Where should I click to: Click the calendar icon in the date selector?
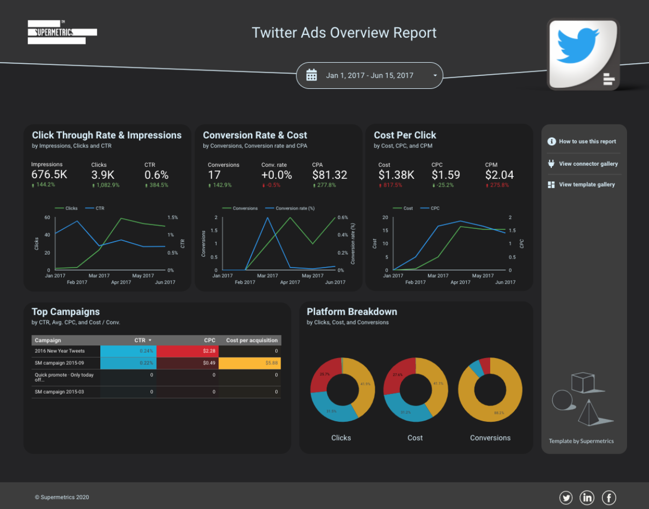(311, 75)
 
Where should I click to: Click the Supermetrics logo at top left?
(62, 32)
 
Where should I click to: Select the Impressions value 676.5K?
(49, 175)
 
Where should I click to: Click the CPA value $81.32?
(329, 175)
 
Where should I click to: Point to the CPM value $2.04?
(499, 175)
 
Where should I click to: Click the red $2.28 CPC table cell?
(188, 351)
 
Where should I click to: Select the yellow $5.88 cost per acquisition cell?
(250, 363)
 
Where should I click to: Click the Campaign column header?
(48, 340)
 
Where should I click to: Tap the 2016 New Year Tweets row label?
(60, 351)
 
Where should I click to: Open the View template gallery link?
(586, 184)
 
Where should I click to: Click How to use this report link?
(587, 142)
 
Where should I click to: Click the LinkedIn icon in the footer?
(587, 498)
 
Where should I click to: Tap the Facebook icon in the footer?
(609, 498)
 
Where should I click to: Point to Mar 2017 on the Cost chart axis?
(438, 276)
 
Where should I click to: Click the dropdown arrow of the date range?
(435, 76)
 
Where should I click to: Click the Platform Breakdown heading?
(352, 312)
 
